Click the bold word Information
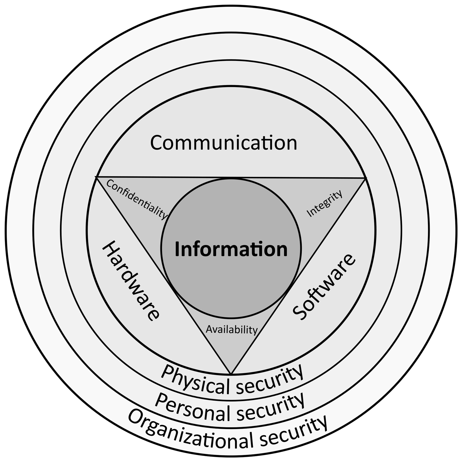point(231,249)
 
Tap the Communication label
point(223,143)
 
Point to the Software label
point(324,287)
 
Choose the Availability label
point(232,329)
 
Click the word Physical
point(197,380)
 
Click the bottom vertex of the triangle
point(231,374)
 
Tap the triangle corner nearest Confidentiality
point(96,176)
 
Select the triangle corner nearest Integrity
point(366,178)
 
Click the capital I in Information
point(177,249)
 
